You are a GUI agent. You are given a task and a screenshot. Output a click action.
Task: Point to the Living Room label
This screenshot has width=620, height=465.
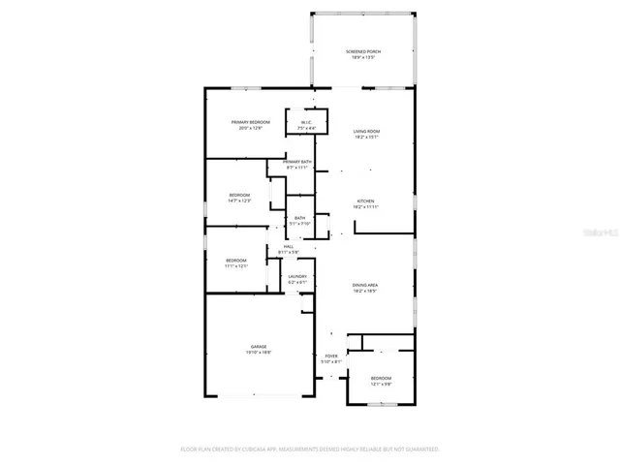click(x=365, y=133)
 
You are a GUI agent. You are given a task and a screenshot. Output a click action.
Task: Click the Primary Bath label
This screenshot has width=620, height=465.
click(x=296, y=164)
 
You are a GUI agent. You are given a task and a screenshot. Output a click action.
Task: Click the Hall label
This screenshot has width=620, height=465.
click(x=288, y=248)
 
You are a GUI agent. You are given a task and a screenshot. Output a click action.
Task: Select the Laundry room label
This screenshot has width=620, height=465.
click(x=296, y=278)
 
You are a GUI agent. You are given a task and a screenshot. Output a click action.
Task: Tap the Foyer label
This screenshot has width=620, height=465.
click(x=331, y=357)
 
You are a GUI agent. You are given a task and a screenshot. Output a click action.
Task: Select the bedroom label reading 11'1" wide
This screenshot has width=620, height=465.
click(x=236, y=262)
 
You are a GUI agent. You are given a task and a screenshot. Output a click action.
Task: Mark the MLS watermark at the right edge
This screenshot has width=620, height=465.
click(x=600, y=233)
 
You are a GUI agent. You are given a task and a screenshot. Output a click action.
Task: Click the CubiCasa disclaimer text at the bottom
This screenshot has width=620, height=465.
click(x=310, y=449)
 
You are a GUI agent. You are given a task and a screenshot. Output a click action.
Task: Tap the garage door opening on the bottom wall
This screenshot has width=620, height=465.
click(x=256, y=395)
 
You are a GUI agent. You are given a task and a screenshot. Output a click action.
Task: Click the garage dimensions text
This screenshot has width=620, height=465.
click(x=259, y=353)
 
